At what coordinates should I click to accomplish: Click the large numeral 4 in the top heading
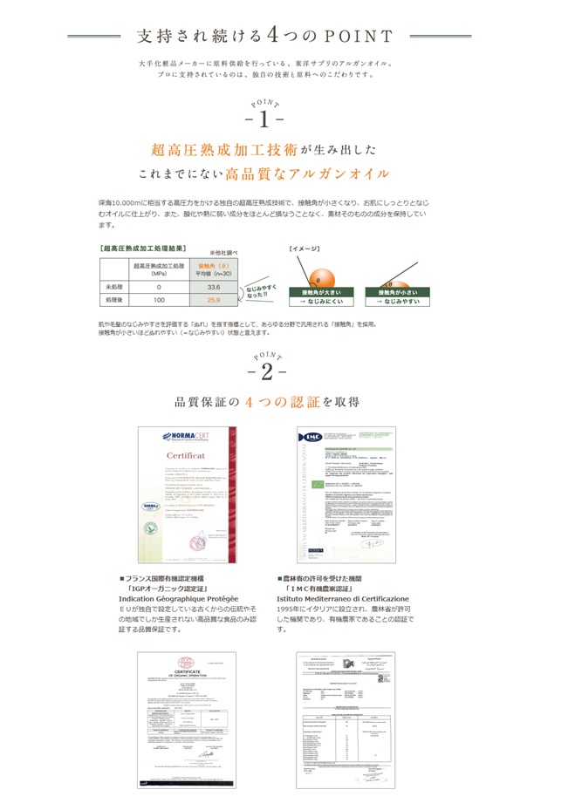point(272,36)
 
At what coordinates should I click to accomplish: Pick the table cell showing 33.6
point(213,286)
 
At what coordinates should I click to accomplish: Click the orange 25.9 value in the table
point(213,300)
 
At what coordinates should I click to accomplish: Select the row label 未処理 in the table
point(113,286)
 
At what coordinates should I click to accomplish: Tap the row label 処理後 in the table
point(113,300)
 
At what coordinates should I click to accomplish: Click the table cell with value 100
point(159,300)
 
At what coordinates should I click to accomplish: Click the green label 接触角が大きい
point(319,291)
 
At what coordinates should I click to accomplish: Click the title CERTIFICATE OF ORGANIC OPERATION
point(185,672)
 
